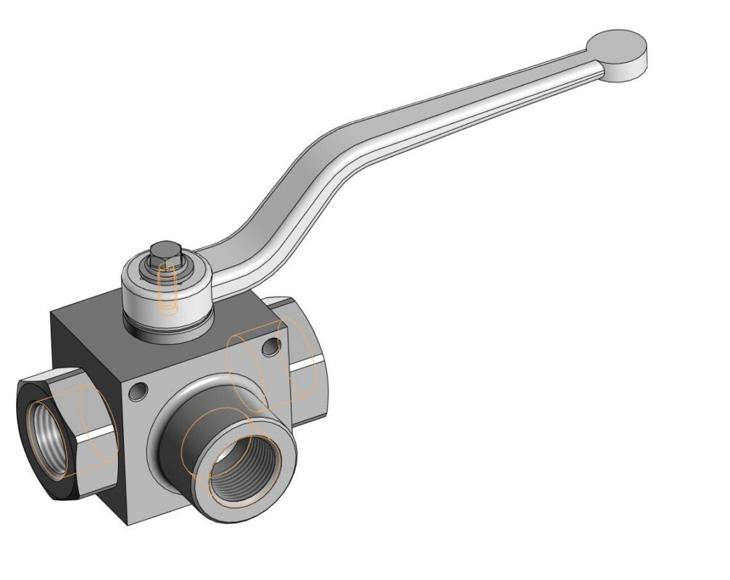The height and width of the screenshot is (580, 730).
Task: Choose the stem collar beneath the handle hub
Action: (x=170, y=326)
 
